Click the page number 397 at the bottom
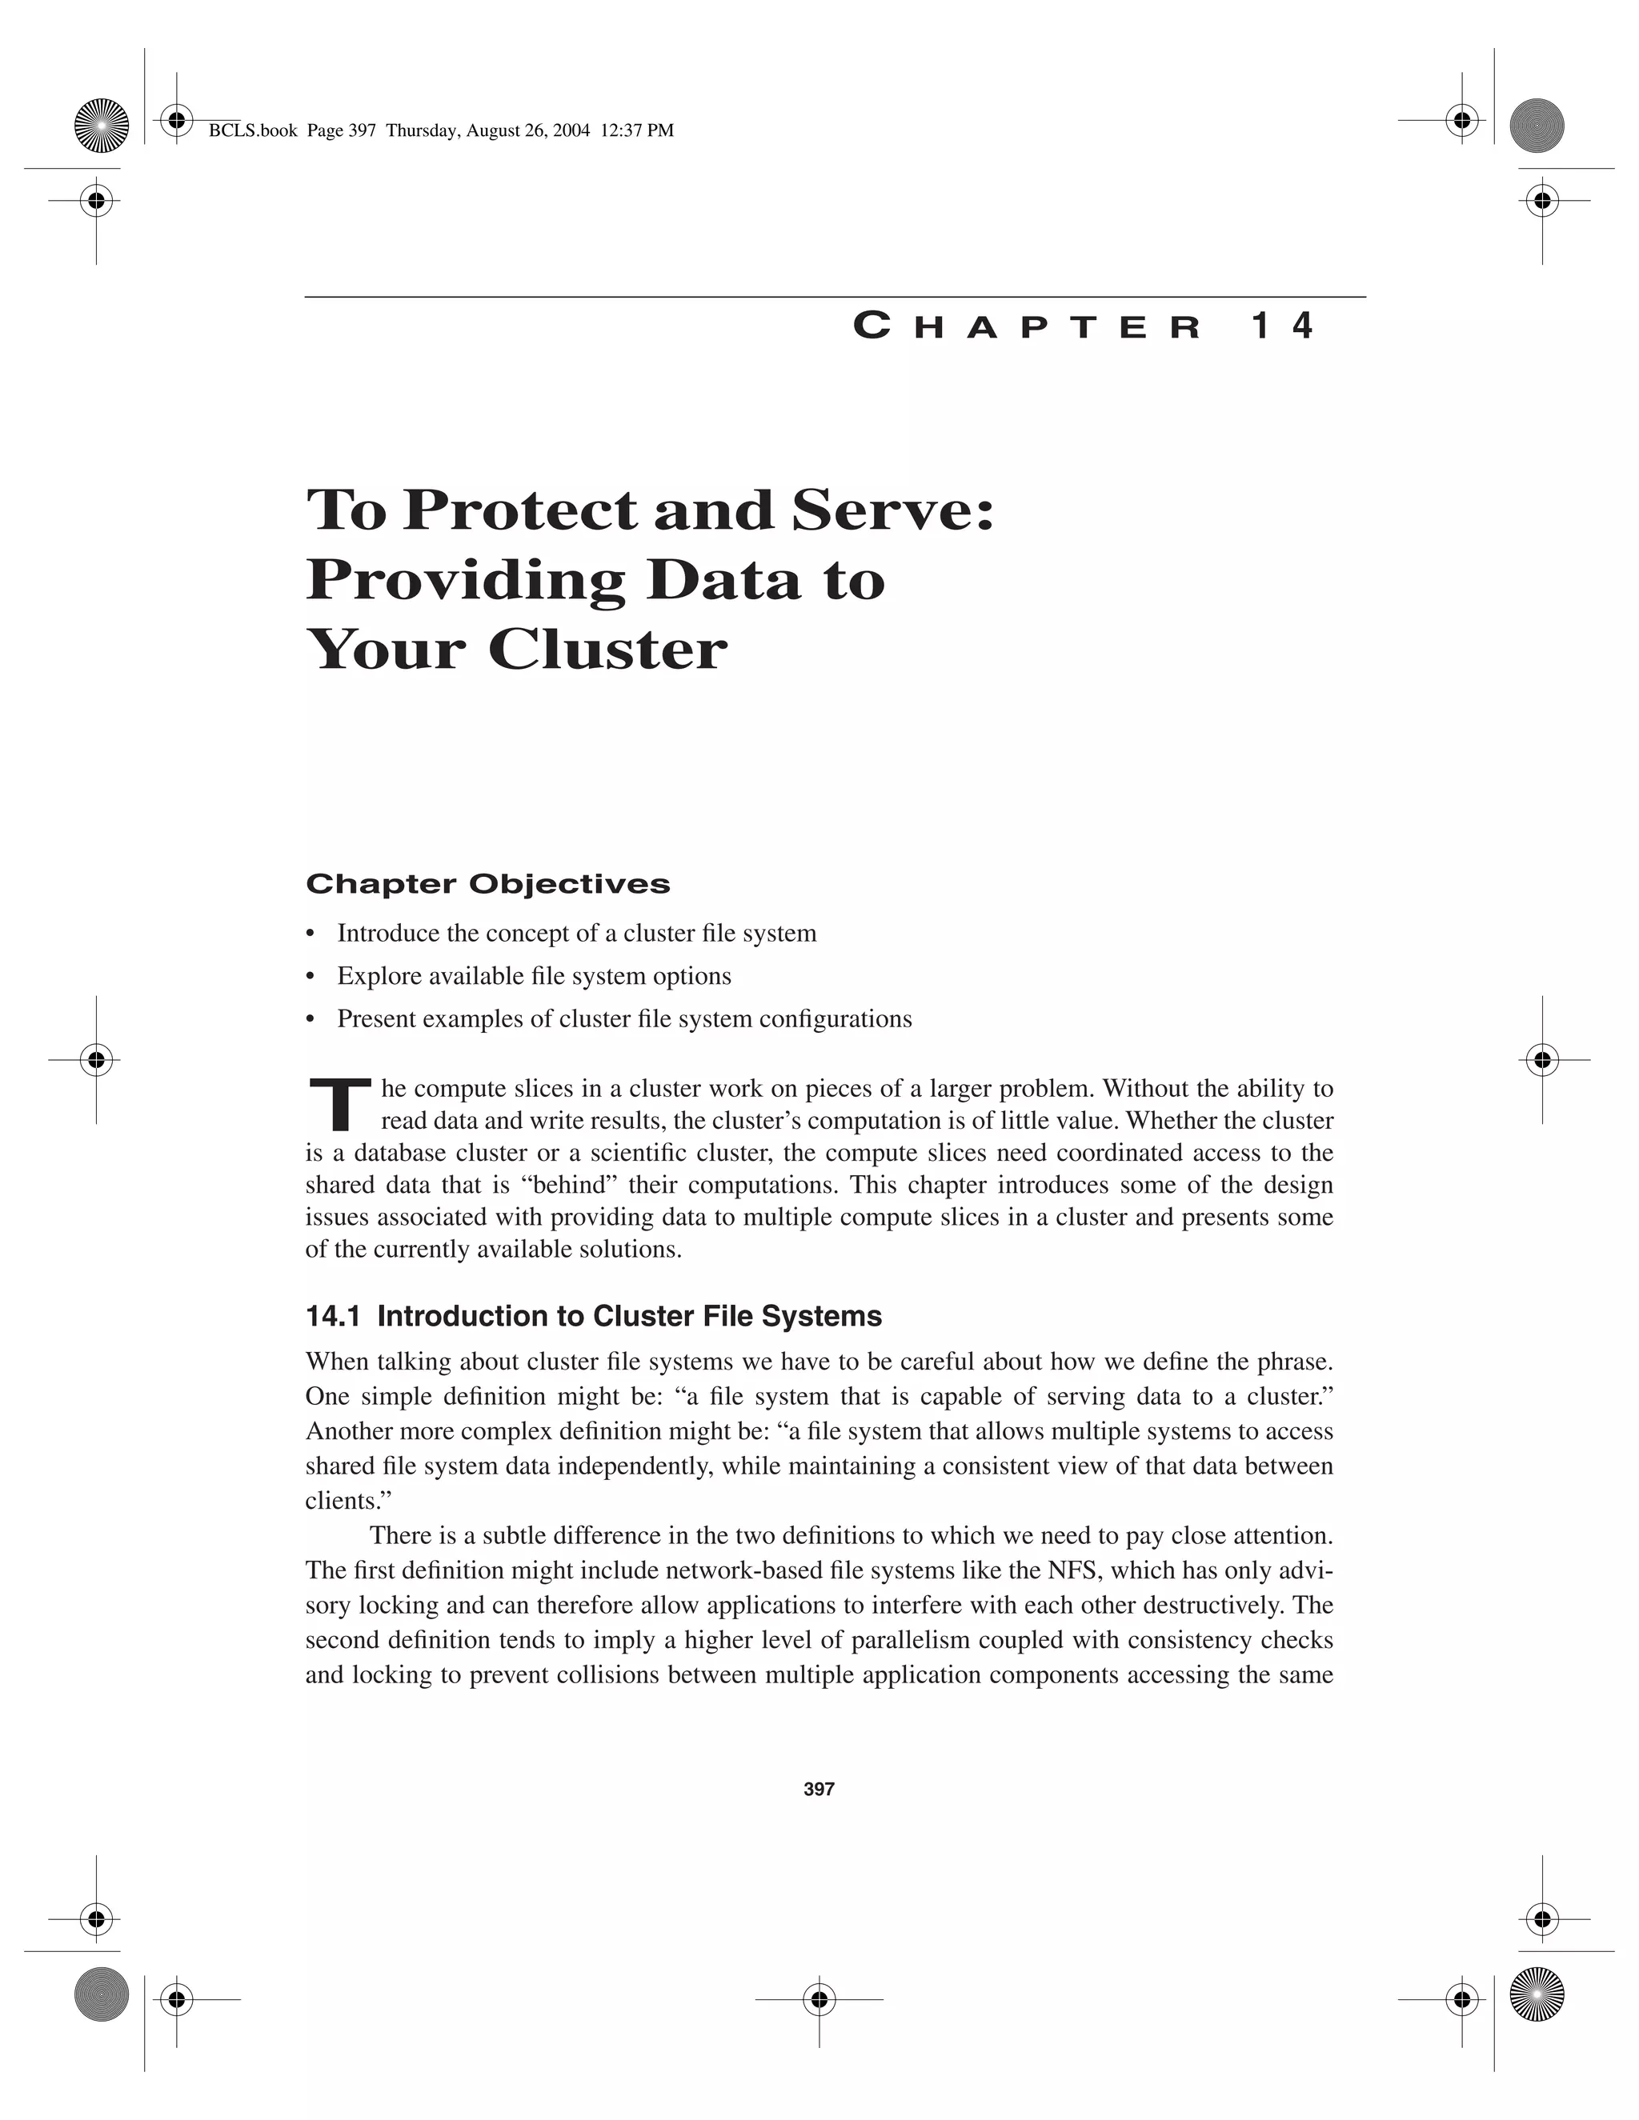pyautogui.click(x=819, y=1789)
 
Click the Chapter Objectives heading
pyautogui.click(x=487, y=883)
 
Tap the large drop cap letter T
pyautogui.click(x=339, y=1106)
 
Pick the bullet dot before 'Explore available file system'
pyautogui.click(x=311, y=977)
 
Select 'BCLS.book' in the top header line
pyautogui.click(x=252, y=131)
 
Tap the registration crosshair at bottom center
pyautogui.click(x=819, y=2000)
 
